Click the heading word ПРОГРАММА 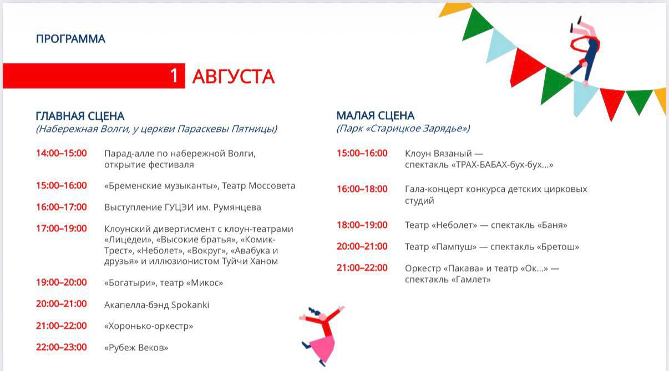(x=70, y=39)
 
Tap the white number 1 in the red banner (x=174, y=76)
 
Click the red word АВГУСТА (x=233, y=77)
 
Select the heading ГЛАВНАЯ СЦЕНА (x=80, y=116)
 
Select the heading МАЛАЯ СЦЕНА (x=376, y=115)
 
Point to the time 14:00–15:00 (x=61, y=153)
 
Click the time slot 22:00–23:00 (x=61, y=347)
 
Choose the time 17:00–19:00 (x=61, y=228)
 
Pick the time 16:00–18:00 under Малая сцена (x=362, y=189)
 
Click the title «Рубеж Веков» (x=136, y=348)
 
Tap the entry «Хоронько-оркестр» (x=149, y=326)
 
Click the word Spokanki (x=190, y=305)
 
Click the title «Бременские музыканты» (x=161, y=186)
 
